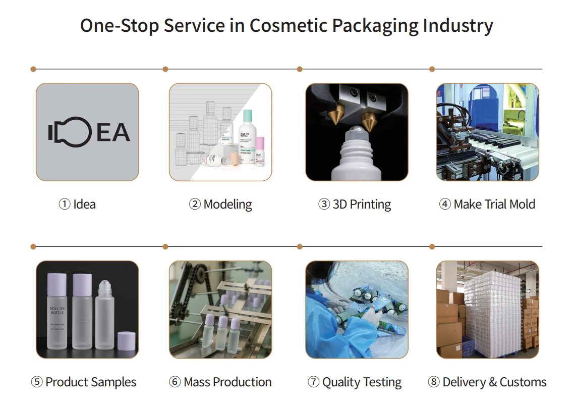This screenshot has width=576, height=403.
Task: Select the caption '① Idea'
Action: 77,205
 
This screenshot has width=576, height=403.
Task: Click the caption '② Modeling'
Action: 220,205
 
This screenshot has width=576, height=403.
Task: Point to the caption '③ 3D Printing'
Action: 355,205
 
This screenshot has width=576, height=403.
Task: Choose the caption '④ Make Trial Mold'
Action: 487,205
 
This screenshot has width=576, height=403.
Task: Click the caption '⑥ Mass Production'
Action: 220,382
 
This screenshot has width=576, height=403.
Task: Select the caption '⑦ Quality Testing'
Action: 355,382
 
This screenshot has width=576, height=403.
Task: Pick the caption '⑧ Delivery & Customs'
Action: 487,382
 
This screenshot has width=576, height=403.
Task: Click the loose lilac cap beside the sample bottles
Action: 126,341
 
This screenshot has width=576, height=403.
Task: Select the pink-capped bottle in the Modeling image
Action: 260,154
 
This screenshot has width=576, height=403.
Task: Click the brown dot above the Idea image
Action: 33,69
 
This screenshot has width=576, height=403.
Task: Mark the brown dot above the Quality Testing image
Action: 300,246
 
